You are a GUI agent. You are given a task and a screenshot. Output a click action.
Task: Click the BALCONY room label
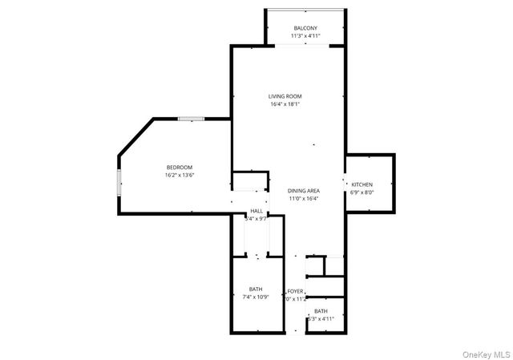click(x=305, y=28)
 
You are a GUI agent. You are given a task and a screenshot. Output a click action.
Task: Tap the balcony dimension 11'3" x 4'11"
click(x=305, y=36)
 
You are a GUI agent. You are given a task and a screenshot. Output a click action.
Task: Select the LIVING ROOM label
click(x=285, y=96)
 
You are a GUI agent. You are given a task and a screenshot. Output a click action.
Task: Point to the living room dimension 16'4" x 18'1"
click(x=285, y=104)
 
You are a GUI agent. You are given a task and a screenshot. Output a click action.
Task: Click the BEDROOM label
click(x=180, y=167)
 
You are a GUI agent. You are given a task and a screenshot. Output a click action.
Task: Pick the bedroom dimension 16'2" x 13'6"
click(x=180, y=175)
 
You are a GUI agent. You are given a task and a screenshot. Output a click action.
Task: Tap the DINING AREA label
click(x=304, y=190)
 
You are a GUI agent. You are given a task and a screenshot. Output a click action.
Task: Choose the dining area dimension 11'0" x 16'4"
click(x=304, y=198)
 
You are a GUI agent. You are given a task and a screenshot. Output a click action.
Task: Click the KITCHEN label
click(x=362, y=184)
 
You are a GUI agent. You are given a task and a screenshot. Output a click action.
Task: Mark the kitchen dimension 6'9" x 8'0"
click(x=362, y=192)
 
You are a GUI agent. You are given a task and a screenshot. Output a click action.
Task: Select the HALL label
click(x=256, y=210)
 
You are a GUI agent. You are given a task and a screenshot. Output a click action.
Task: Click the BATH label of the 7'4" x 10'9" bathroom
click(x=255, y=289)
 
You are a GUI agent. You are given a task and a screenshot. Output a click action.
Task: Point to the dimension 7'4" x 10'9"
click(x=255, y=297)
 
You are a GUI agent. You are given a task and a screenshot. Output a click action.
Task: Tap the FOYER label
click(x=296, y=291)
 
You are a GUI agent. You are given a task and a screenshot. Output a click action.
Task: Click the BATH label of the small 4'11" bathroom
click(x=321, y=311)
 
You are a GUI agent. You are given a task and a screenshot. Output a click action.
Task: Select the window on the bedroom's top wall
click(x=190, y=119)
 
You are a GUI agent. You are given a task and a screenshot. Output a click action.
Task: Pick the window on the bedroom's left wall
click(x=119, y=183)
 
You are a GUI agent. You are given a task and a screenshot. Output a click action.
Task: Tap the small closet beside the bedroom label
click(x=248, y=181)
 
